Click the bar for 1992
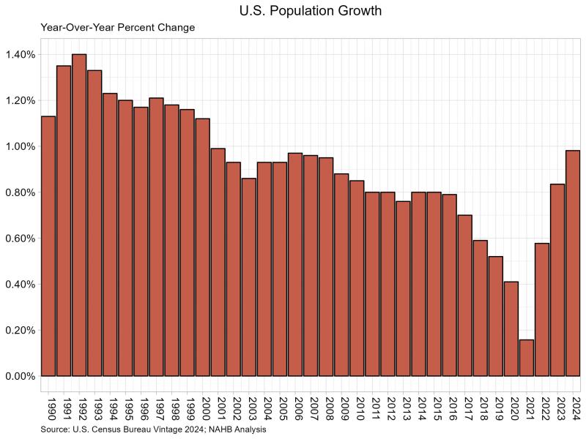[x=79, y=215]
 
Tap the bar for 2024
[x=573, y=263]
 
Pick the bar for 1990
[x=48, y=246]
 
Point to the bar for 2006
[x=295, y=264]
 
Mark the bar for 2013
[x=403, y=288]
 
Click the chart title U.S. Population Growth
[x=311, y=12]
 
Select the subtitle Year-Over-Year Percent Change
[x=118, y=28]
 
